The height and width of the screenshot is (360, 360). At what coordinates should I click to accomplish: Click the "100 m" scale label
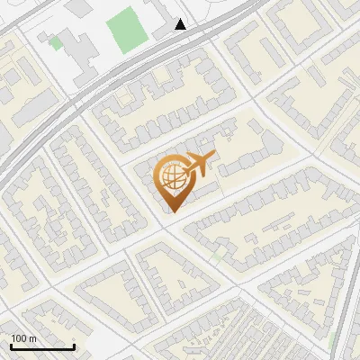tap(24, 338)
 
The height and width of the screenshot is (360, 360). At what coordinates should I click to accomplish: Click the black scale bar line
tap(42, 347)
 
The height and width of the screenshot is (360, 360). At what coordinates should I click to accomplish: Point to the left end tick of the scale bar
tap(12, 346)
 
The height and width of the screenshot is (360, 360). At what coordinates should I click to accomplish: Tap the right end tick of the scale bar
tap(74, 346)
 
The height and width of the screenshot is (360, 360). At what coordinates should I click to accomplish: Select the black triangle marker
tap(180, 24)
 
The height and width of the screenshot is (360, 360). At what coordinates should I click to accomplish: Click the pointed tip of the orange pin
tap(171, 211)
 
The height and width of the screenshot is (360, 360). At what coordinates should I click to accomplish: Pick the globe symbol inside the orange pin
tap(171, 178)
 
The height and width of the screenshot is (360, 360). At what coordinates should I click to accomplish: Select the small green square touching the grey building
tap(56, 42)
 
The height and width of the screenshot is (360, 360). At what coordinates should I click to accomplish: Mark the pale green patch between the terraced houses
tap(219, 256)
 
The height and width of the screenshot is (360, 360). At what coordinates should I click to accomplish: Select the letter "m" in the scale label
tap(33, 338)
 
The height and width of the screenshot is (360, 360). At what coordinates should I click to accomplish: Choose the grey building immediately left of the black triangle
tap(164, 30)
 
